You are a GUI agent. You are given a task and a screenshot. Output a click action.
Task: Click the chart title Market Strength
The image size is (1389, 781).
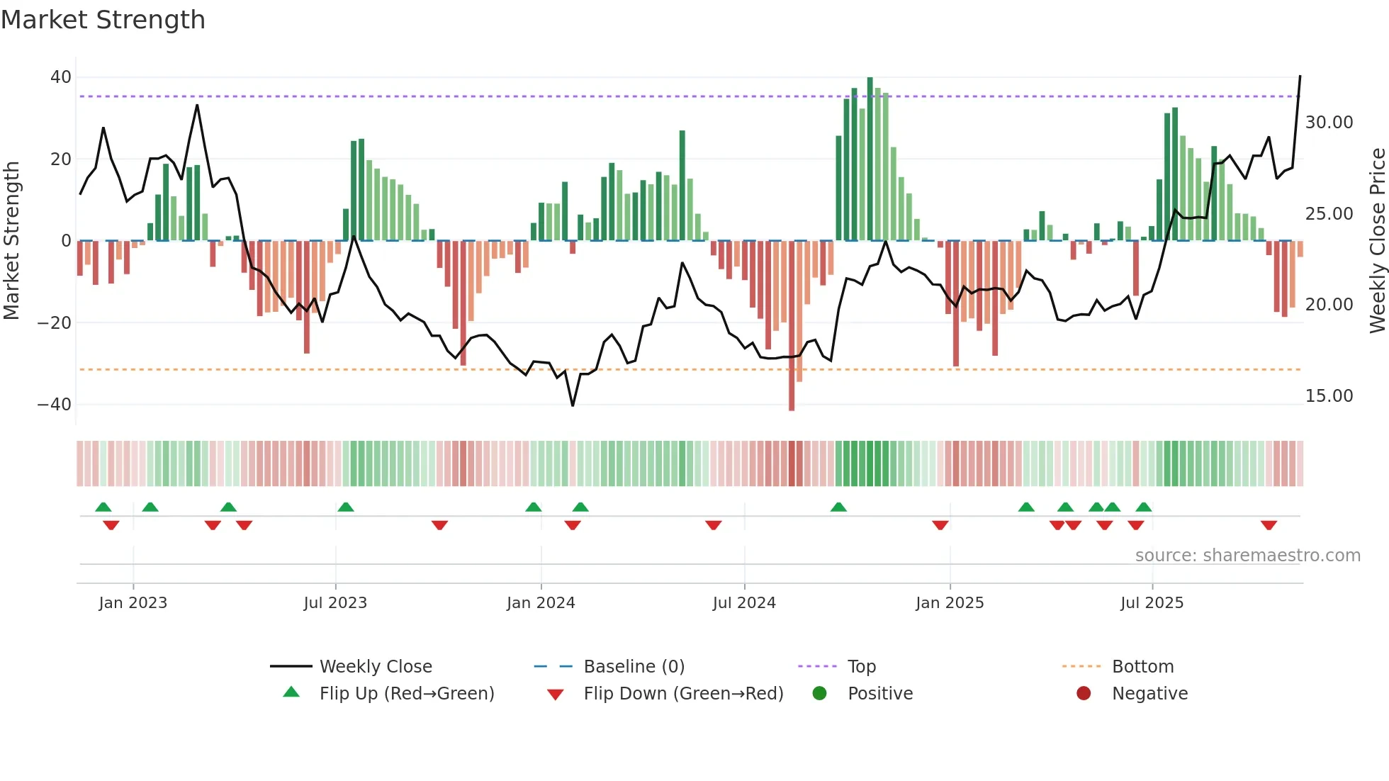pyautogui.click(x=103, y=20)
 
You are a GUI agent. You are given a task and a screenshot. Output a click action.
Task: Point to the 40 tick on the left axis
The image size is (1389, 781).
pyautogui.click(x=61, y=77)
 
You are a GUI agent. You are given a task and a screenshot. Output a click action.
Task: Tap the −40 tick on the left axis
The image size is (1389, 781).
pyautogui.click(x=55, y=405)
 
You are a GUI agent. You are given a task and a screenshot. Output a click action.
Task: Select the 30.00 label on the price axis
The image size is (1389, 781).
pyautogui.click(x=1329, y=123)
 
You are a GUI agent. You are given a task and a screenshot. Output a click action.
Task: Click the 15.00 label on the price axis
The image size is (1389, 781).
pyautogui.click(x=1329, y=396)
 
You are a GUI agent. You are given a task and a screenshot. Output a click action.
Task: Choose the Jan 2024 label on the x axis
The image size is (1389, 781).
pyautogui.click(x=541, y=603)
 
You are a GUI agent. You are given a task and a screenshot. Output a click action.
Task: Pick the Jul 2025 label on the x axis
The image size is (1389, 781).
pyautogui.click(x=1152, y=603)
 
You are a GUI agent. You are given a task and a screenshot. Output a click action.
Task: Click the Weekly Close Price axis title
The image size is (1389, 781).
pyautogui.click(x=1377, y=241)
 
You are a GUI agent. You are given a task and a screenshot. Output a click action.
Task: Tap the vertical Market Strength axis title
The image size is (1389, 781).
pyautogui.click(x=11, y=241)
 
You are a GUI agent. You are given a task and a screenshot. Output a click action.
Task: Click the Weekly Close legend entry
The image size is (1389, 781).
pyautogui.click(x=375, y=667)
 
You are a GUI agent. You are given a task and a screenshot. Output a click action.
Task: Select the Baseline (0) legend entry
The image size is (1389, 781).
pyautogui.click(x=634, y=667)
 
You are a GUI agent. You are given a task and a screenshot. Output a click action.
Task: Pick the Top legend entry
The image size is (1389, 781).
pyautogui.click(x=861, y=667)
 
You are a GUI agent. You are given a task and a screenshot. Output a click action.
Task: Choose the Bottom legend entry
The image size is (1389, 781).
pyautogui.click(x=1142, y=667)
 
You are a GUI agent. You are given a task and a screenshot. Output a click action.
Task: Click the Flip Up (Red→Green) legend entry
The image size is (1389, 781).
pyautogui.click(x=406, y=694)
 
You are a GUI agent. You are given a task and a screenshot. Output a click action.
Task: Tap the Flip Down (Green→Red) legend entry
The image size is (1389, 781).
pyautogui.click(x=683, y=694)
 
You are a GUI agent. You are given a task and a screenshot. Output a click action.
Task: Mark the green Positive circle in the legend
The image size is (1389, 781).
pyautogui.click(x=820, y=694)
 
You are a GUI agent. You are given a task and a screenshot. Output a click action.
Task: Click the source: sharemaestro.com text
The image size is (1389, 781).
pyautogui.click(x=1247, y=556)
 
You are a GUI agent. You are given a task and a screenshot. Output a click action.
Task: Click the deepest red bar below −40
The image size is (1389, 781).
pyautogui.click(x=792, y=326)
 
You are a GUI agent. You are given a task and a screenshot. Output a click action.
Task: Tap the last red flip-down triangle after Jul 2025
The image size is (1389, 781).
pyautogui.click(x=1269, y=525)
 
